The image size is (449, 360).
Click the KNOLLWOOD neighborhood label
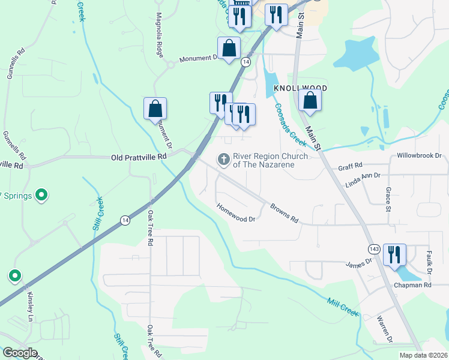tap(300, 88)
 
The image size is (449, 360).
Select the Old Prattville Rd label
tap(139, 157)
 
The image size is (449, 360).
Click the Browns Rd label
tap(284, 212)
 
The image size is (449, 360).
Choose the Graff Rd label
tap(351, 166)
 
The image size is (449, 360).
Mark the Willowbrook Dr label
tap(419, 155)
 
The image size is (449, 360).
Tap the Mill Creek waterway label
tap(343, 307)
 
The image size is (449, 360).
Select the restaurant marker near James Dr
tap(394, 254)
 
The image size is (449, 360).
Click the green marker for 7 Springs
tap(41, 194)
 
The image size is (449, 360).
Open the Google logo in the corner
tap(19, 353)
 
